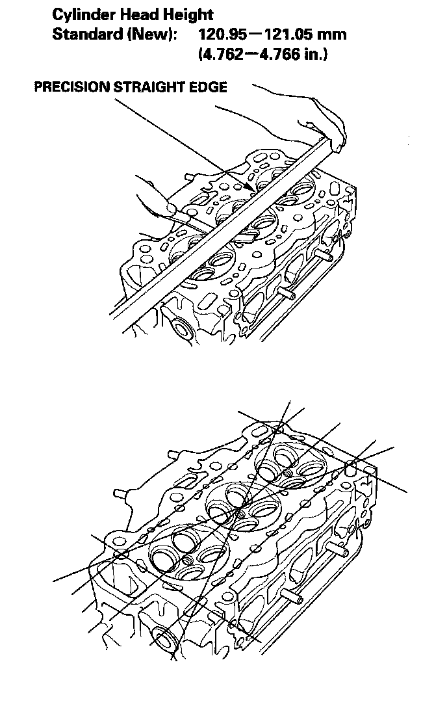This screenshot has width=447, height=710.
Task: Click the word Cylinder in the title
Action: pos(83,14)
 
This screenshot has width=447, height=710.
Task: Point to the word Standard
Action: pos(86,34)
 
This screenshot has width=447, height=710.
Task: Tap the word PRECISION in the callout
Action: pos(71,87)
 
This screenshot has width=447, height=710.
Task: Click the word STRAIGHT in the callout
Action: pos(151,87)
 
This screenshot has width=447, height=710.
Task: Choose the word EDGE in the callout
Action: pos(210,87)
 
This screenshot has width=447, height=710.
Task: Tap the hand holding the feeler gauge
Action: pos(156,198)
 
